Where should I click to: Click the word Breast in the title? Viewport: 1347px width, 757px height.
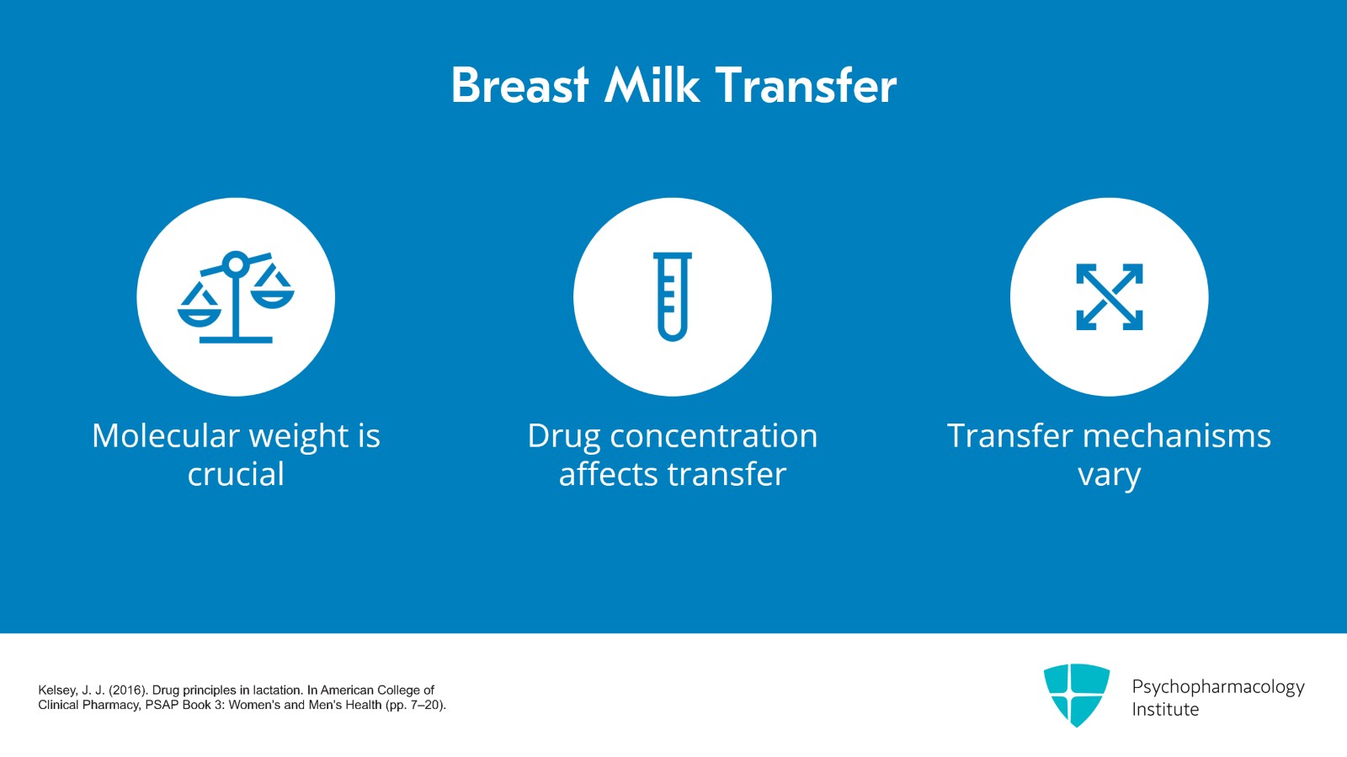tap(519, 86)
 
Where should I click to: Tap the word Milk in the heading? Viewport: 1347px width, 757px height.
tap(652, 86)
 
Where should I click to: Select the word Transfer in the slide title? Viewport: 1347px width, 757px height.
tap(806, 86)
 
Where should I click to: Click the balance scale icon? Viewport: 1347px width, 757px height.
tap(236, 297)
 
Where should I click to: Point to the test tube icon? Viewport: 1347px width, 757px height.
tap(673, 297)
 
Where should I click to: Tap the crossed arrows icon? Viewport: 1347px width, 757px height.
tap(1109, 297)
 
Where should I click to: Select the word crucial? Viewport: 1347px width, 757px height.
tap(236, 475)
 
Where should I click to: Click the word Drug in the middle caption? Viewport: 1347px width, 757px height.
tap(563, 436)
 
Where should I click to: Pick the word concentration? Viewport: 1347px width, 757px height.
tap(713, 436)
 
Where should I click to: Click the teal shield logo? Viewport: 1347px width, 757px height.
tap(1076, 695)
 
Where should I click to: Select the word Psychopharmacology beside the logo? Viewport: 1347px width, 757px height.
tap(1217, 687)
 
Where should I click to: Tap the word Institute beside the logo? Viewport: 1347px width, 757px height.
tap(1165, 710)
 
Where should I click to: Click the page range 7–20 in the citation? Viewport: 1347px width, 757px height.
tap(425, 705)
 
